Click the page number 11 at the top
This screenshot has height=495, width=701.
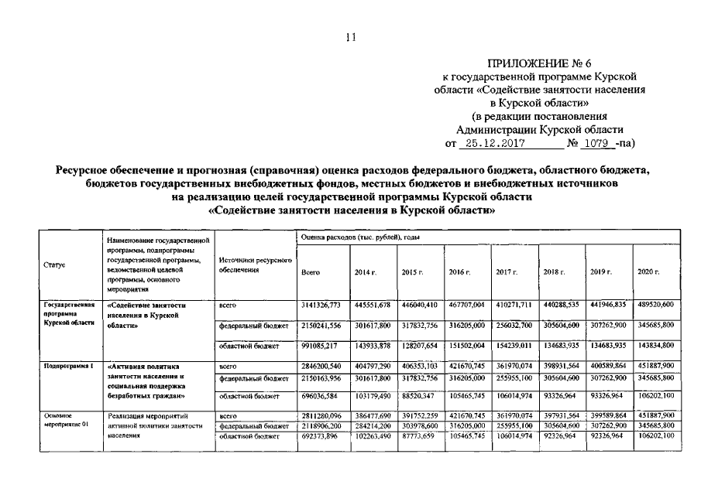click(x=350, y=37)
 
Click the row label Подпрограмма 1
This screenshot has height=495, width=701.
click(x=64, y=363)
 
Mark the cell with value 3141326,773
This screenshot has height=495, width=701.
click(x=320, y=306)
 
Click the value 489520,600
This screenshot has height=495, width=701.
click(x=656, y=306)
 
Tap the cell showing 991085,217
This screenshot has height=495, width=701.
click(x=320, y=345)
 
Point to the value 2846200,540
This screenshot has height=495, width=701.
click(x=320, y=363)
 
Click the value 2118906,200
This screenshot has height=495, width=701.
click(x=320, y=425)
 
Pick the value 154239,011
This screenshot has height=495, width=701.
click(x=514, y=345)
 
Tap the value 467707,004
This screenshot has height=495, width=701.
click(x=466, y=306)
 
